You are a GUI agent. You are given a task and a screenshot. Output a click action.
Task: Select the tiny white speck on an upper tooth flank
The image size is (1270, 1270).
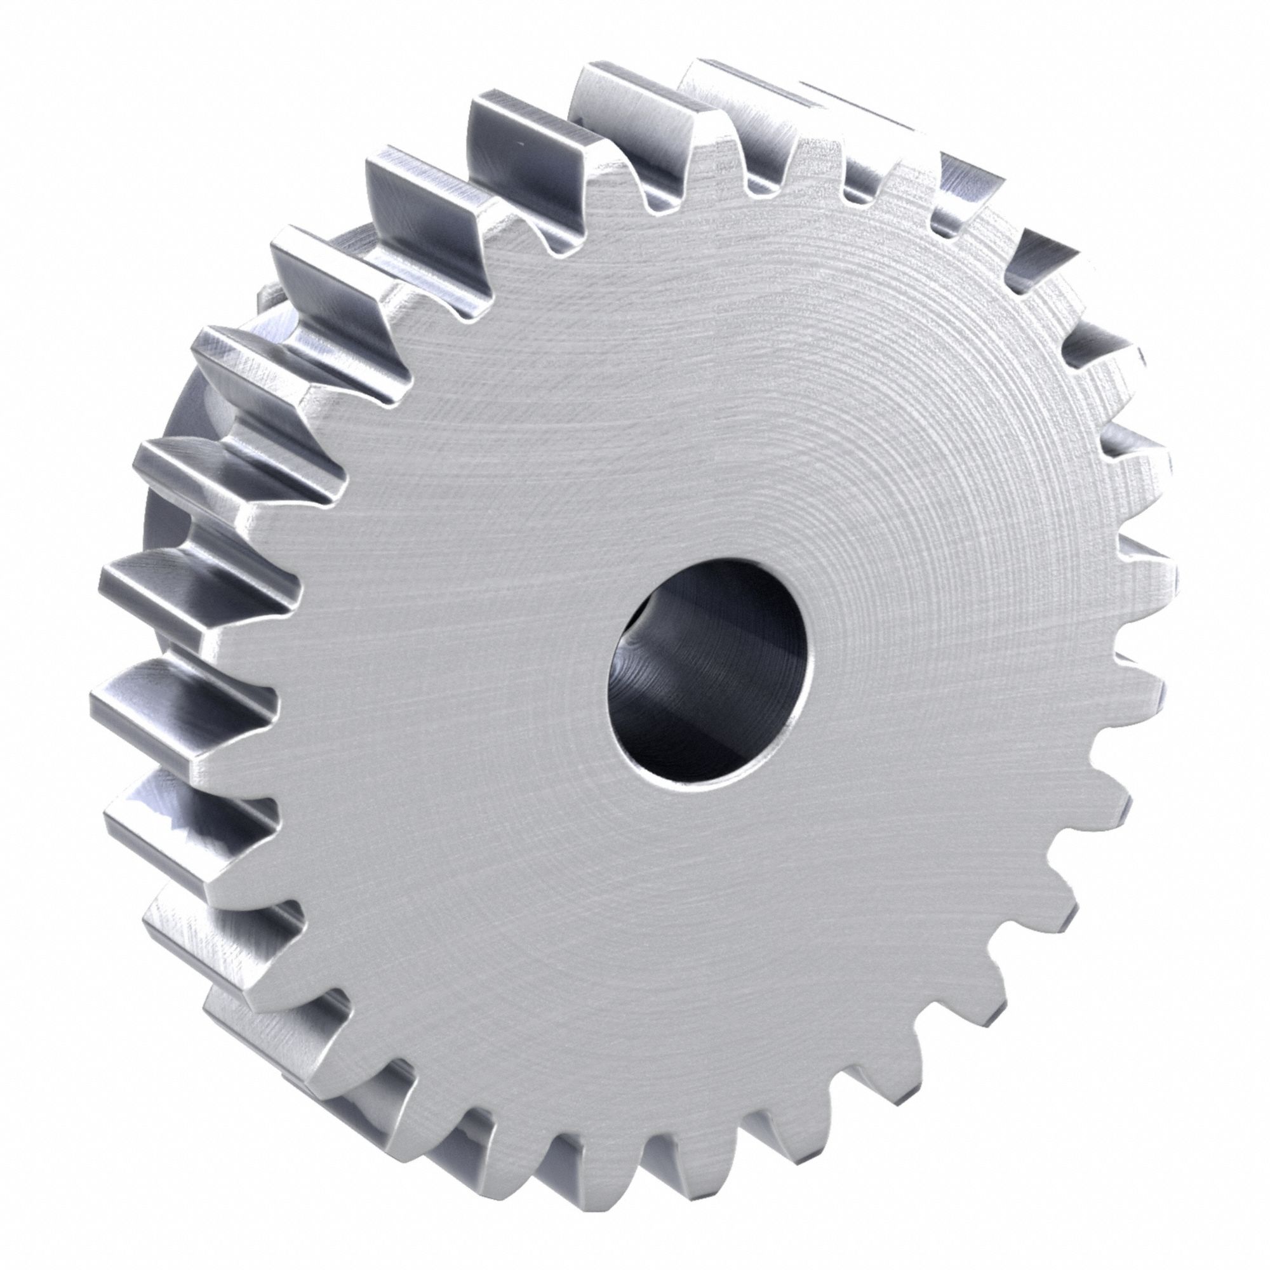521,143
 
